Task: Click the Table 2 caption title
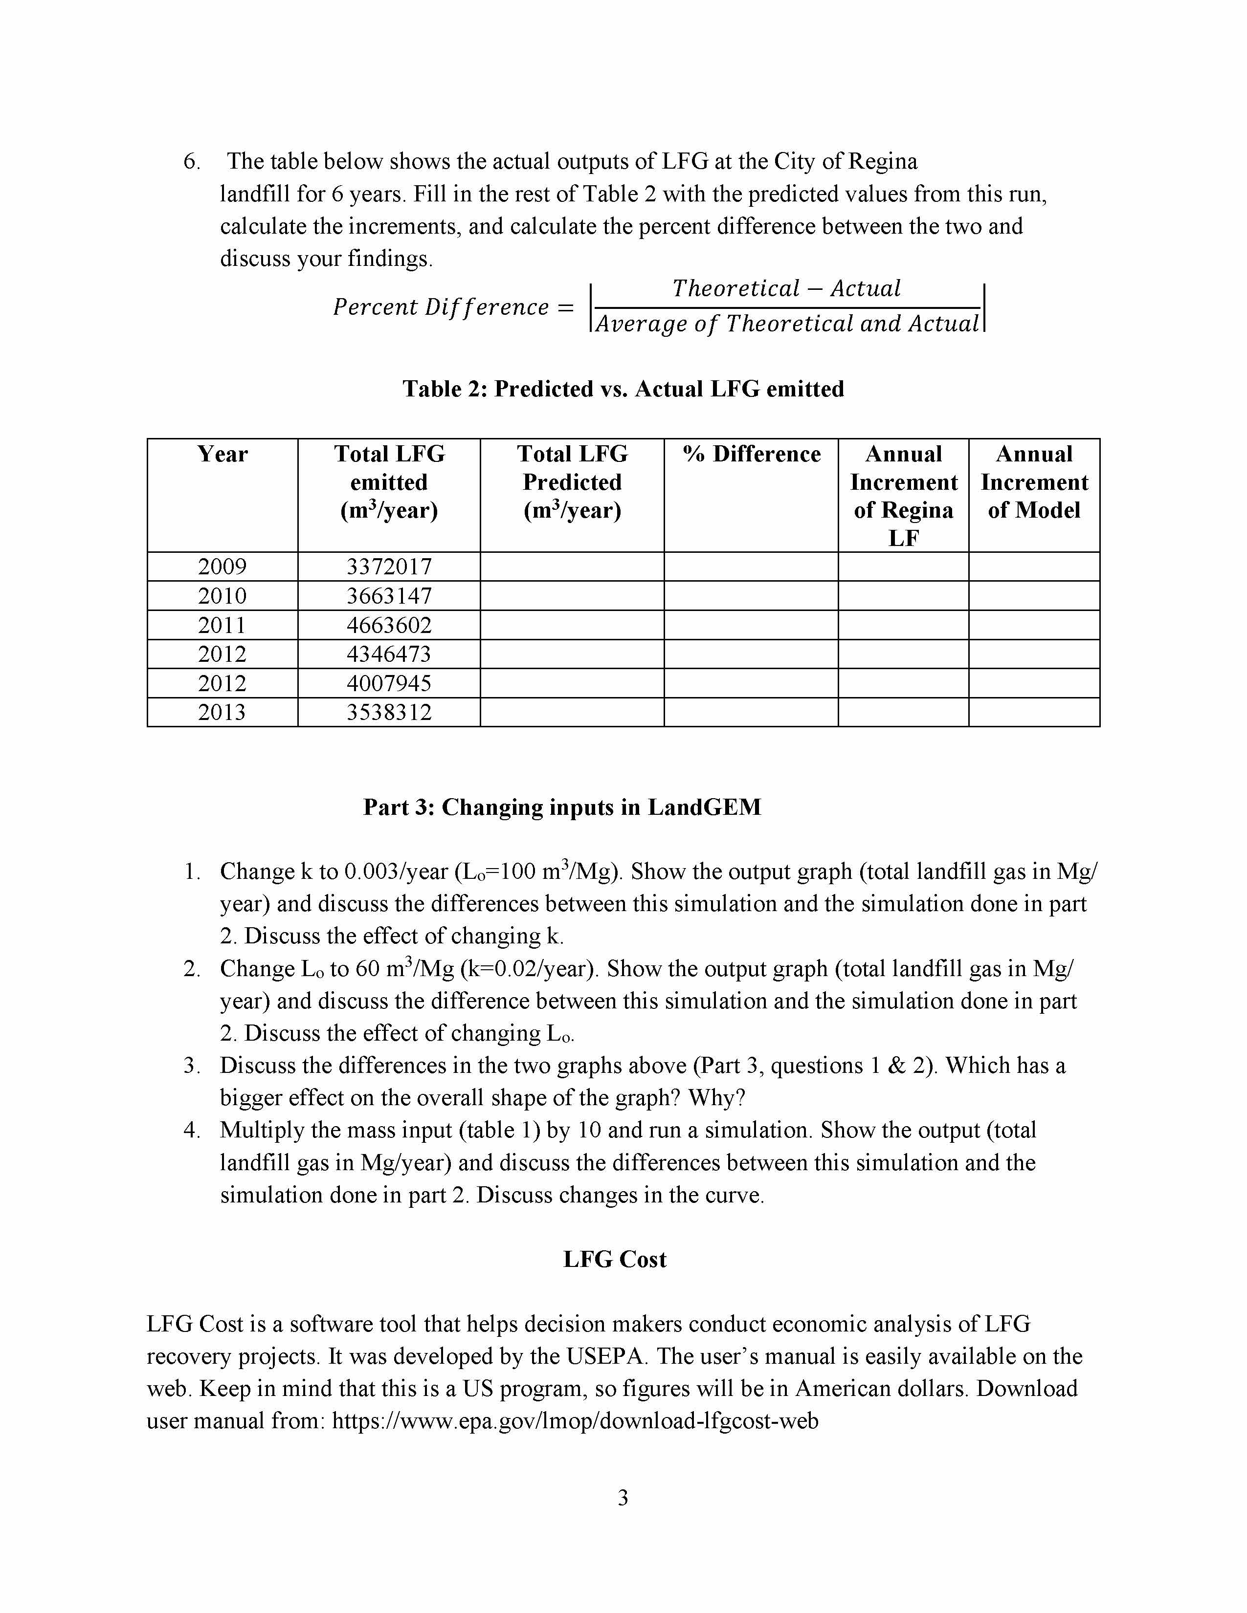click(x=623, y=389)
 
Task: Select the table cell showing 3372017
click(x=389, y=567)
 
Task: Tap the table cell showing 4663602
click(x=389, y=625)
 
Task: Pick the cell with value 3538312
click(x=389, y=712)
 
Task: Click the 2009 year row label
click(x=223, y=567)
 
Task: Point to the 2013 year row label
click(x=223, y=712)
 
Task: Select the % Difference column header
click(x=751, y=454)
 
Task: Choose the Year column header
click(x=223, y=454)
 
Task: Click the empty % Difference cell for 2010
click(x=751, y=595)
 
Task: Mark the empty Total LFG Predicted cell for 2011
click(x=572, y=625)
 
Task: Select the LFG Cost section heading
click(x=615, y=1259)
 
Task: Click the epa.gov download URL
click(x=575, y=1420)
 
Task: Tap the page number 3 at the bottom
click(x=623, y=1497)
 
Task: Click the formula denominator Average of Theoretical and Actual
click(x=787, y=324)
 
